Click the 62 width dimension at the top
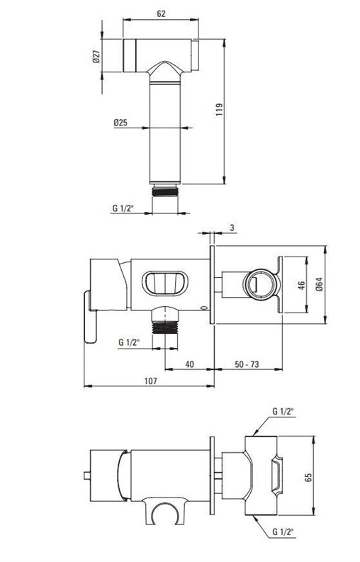pyautogui.click(x=162, y=13)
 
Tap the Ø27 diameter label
pyautogui.click(x=96, y=56)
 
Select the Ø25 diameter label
pyautogui.click(x=120, y=123)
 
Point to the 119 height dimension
pyautogui.click(x=220, y=109)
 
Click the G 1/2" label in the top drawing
pyautogui.click(x=123, y=208)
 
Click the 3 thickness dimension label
pyautogui.click(x=232, y=227)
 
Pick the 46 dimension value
pyautogui.click(x=302, y=286)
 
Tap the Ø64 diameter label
pyautogui.click(x=320, y=284)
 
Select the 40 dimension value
pyautogui.click(x=190, y=364)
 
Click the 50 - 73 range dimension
pyautogui.click(x=247, y=364)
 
